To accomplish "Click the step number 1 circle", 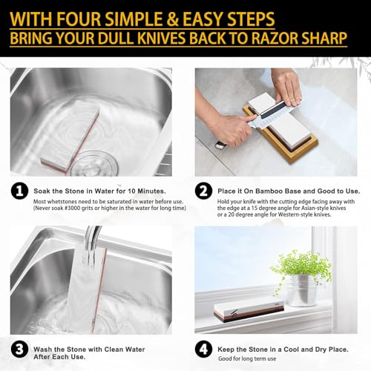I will click(20, 191).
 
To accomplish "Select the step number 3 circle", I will click(20, 349).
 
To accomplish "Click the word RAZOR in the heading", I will click(265, 36).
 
